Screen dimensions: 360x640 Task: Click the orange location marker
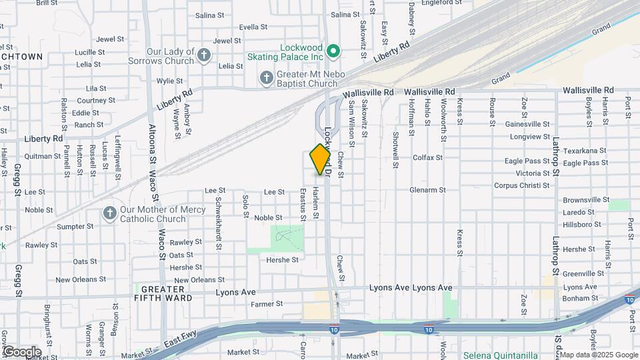(321, 159)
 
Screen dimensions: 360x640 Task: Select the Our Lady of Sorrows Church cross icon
(204, 55)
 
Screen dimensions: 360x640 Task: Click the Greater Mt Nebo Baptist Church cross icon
(266, 79)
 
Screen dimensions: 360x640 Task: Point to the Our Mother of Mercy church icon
(109, 213)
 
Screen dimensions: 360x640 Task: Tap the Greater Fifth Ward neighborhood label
(164, 293)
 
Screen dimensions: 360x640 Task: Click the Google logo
(21, 351)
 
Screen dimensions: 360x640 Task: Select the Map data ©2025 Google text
(597, 355)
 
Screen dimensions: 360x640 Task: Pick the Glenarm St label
(428, 190)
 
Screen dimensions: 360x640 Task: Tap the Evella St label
(253, 27)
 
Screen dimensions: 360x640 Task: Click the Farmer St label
(267, 304)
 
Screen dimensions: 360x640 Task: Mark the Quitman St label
(43, 156)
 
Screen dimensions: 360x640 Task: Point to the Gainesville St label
(527, 124)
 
